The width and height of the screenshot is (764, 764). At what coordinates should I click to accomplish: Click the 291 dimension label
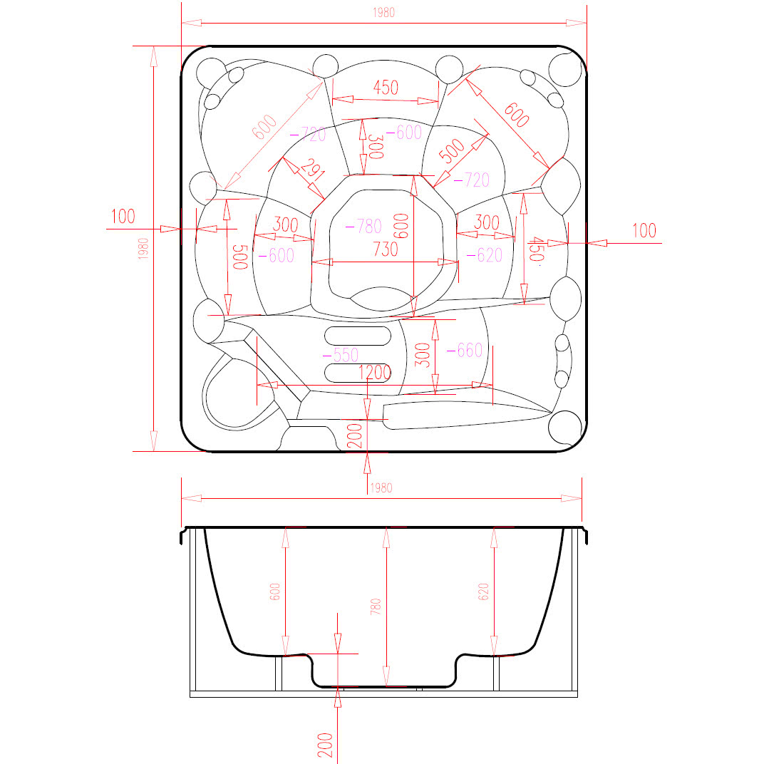pyautogui.click(x=313, y=169)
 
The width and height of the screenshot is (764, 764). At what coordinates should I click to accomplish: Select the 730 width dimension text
pyautogui.click(x=386, y=249)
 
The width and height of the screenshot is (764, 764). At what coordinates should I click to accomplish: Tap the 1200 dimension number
pyautogui.click(x=375, y=373)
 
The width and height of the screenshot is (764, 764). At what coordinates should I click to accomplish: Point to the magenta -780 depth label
pyautogui.click(x=363, y=226)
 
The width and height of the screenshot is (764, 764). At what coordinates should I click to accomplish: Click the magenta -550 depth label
pyautogui.click(x=341, y=355)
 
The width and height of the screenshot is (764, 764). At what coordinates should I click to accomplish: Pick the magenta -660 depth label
pyautogui.click(x=465, y=350)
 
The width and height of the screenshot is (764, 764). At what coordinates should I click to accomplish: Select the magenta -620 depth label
pyautogui.click(x=485, y=255)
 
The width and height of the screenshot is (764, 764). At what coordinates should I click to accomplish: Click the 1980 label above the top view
pyautogui.click(x=384, y=13)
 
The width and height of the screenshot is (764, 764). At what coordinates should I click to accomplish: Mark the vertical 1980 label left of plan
pyautogui.click(x=143, y=249)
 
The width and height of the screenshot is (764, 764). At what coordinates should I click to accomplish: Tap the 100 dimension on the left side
pyautogui.click(x=123, y=217)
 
